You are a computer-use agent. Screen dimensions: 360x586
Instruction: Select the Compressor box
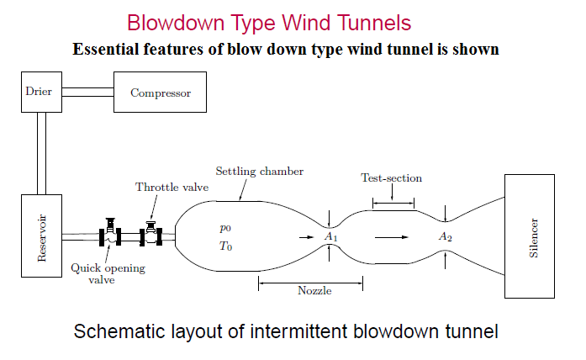tap(160, 93)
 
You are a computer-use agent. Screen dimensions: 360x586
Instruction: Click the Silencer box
tap(529, 236)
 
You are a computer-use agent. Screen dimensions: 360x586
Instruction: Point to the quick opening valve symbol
tap(110, 236)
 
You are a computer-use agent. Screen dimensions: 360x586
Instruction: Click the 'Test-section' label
tap(391, 178)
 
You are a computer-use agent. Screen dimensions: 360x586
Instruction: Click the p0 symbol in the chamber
tap(224, 227)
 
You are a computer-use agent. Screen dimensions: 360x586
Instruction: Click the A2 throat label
tap(446, 237)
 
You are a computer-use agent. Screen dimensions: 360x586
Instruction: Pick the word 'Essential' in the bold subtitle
tap(107, 49)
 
